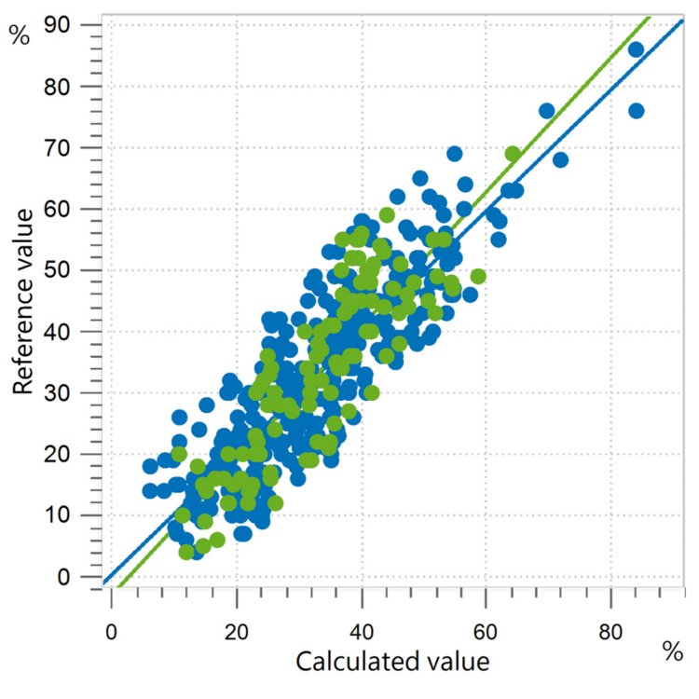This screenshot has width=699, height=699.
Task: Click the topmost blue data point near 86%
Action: (x=636, y=49)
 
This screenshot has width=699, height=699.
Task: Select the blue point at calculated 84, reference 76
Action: (x=636, y=111)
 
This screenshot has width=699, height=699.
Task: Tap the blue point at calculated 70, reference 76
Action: (x=547, y=111)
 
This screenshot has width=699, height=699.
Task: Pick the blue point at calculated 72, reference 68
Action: (x=560, y=159)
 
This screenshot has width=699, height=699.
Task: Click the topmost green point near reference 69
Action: (x=513, y=154)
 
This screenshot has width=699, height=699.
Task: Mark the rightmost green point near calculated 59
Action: (x=478, y=276)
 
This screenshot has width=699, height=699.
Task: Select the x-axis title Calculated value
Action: (x=392, y=663)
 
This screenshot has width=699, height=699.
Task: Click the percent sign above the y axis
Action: (x=19, y=35)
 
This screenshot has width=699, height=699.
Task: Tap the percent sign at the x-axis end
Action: (x=673, y=653)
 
